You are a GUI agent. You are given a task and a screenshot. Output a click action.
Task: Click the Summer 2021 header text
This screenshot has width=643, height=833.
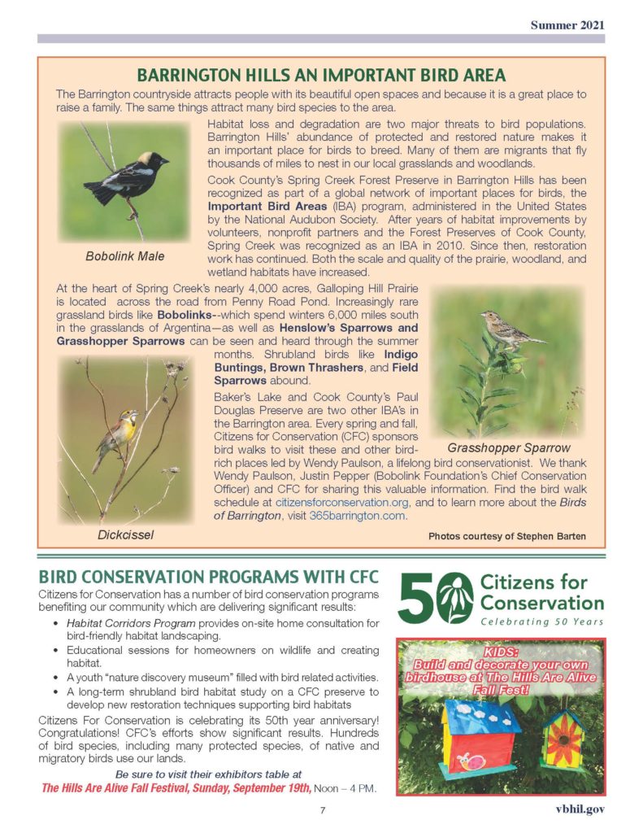point(567,25)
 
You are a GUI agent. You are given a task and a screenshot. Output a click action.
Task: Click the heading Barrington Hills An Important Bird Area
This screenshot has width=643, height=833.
point(321,76)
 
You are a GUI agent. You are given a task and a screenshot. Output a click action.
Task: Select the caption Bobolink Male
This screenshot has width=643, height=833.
point(124,256)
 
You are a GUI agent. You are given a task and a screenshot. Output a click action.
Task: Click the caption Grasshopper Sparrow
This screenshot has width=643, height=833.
point(509,447)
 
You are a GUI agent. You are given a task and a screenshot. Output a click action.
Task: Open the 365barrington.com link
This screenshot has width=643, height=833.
point(358,517)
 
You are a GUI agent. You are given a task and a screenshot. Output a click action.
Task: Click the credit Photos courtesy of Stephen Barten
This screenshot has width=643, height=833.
point(507,536)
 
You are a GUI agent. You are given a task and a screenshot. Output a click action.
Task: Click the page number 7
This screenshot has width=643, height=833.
point(322,810)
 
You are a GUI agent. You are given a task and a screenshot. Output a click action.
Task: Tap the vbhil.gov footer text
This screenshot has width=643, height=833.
point(576,810)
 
